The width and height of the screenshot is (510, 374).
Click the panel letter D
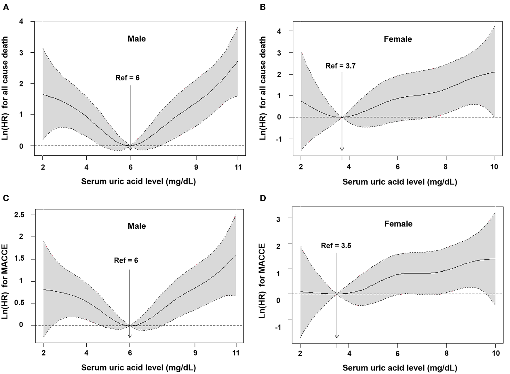pos(262,198)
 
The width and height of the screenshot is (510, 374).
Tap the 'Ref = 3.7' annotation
pos(340,66)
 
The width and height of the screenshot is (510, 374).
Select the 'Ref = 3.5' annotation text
pos(336,246)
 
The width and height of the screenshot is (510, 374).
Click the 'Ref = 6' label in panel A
pos(127,78)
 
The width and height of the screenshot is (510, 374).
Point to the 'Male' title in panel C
pos(137,226)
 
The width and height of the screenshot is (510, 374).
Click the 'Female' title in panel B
pos(398,39)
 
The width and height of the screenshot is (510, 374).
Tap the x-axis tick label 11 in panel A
pos(238,167)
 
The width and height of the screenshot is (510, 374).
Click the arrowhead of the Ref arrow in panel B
pos(342,149)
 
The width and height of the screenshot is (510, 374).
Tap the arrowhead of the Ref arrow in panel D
pos(337,337)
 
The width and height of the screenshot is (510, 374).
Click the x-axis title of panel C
pos(138,368)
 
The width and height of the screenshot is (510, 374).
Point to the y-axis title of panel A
pos(5,89)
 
